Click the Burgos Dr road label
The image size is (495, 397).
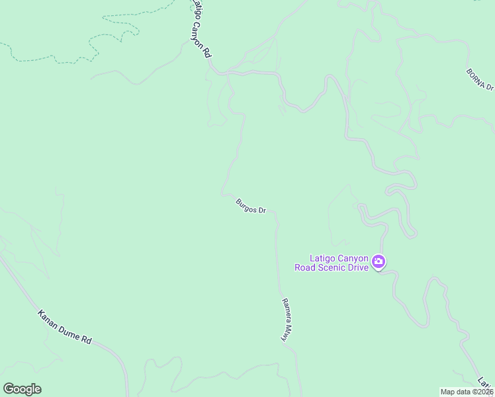[x=251, y=206]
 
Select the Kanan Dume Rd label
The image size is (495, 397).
[x=64, y=326]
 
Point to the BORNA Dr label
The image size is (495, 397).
[x=480, y=78]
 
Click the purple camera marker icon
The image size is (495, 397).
[x=379, y=263]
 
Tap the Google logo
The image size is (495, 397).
[x=22, y=389]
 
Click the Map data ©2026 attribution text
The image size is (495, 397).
[x=467, y=392]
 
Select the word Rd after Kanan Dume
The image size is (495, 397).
[x=86, y=339]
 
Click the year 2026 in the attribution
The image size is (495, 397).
[x=485, y=392]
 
